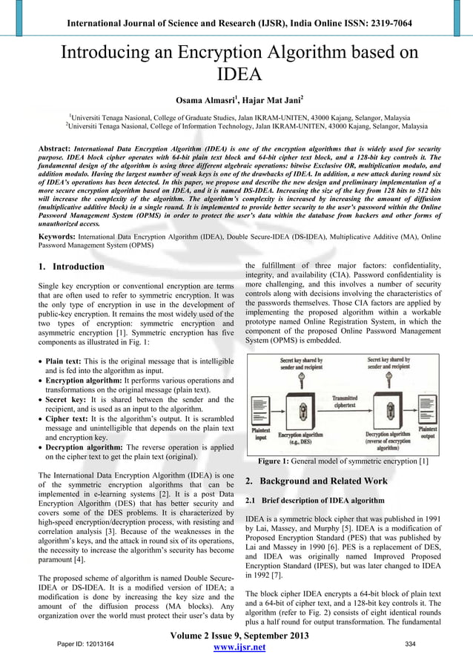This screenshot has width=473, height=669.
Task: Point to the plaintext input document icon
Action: [x=260, y=410]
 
